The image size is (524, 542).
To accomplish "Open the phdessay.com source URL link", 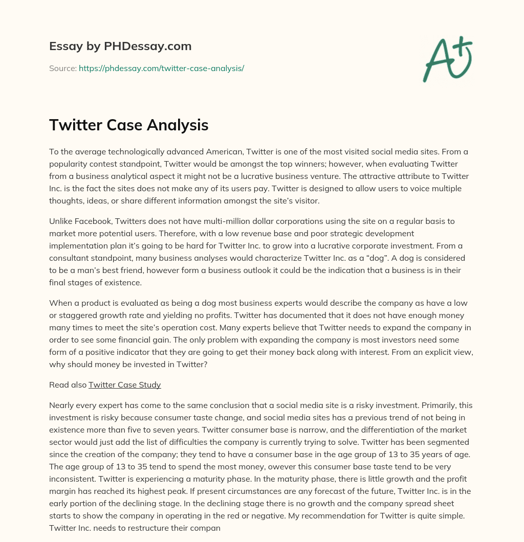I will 161,68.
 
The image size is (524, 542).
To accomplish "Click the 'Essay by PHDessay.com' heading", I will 120,47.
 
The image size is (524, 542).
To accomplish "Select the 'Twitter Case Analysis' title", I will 128,125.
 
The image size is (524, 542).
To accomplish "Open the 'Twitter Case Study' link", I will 125,385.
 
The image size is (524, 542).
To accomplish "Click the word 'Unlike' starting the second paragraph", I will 61,221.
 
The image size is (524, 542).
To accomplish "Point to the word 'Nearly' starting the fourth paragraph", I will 61,405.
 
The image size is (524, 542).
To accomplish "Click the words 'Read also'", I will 68,385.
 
